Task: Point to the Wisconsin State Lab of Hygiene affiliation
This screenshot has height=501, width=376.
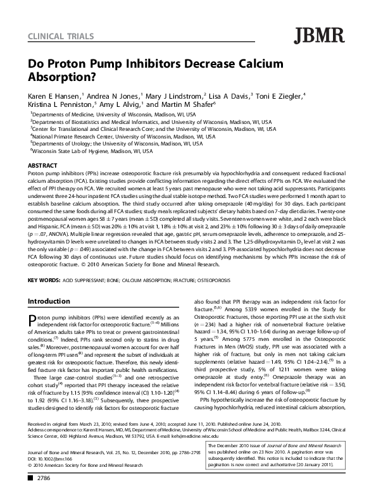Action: click(x=92, y=152)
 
